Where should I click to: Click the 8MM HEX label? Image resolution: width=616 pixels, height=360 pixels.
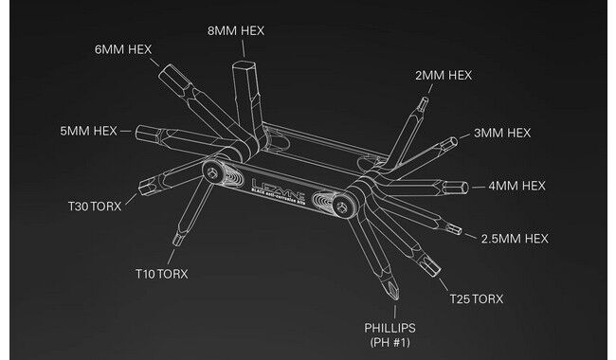coord(237,30)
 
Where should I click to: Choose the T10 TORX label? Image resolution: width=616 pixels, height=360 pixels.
coord(162,274)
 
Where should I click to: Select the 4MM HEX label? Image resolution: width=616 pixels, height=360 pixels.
coord(517,186)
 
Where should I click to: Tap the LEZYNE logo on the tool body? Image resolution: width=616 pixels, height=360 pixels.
coord(277,180)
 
